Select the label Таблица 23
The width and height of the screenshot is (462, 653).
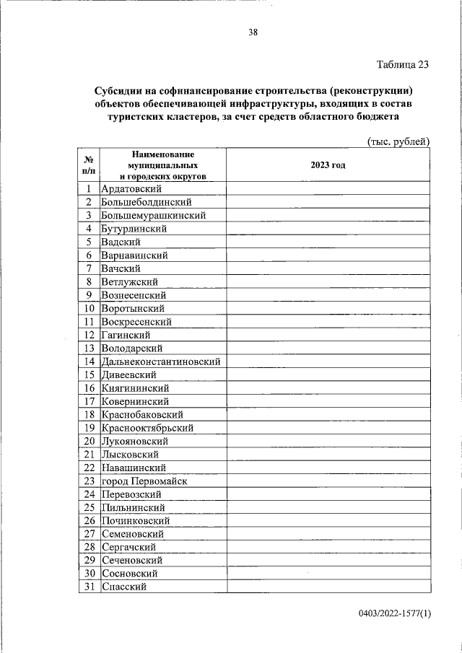point(403,64)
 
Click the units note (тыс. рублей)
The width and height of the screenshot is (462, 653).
point(398,141)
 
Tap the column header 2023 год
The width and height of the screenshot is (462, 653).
point(328,165)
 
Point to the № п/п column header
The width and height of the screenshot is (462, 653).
point(88,165)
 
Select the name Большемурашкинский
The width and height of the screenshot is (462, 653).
point(154,215)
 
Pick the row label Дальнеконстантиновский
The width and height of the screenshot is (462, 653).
point(161,361)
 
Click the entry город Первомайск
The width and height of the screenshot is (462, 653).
point(144,481)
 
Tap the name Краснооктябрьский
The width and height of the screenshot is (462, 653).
point(147,428)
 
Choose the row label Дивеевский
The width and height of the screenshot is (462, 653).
point(129,374)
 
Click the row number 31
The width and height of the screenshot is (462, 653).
point(90,587)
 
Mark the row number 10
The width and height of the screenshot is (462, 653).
point(90,308)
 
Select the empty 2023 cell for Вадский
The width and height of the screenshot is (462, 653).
point(328,242)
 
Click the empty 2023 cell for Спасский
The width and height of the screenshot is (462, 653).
point(328,587)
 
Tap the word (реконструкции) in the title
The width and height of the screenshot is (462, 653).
point(374,92)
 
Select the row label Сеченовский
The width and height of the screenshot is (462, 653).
point(132,560)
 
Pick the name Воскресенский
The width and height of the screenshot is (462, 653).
point(136,322)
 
